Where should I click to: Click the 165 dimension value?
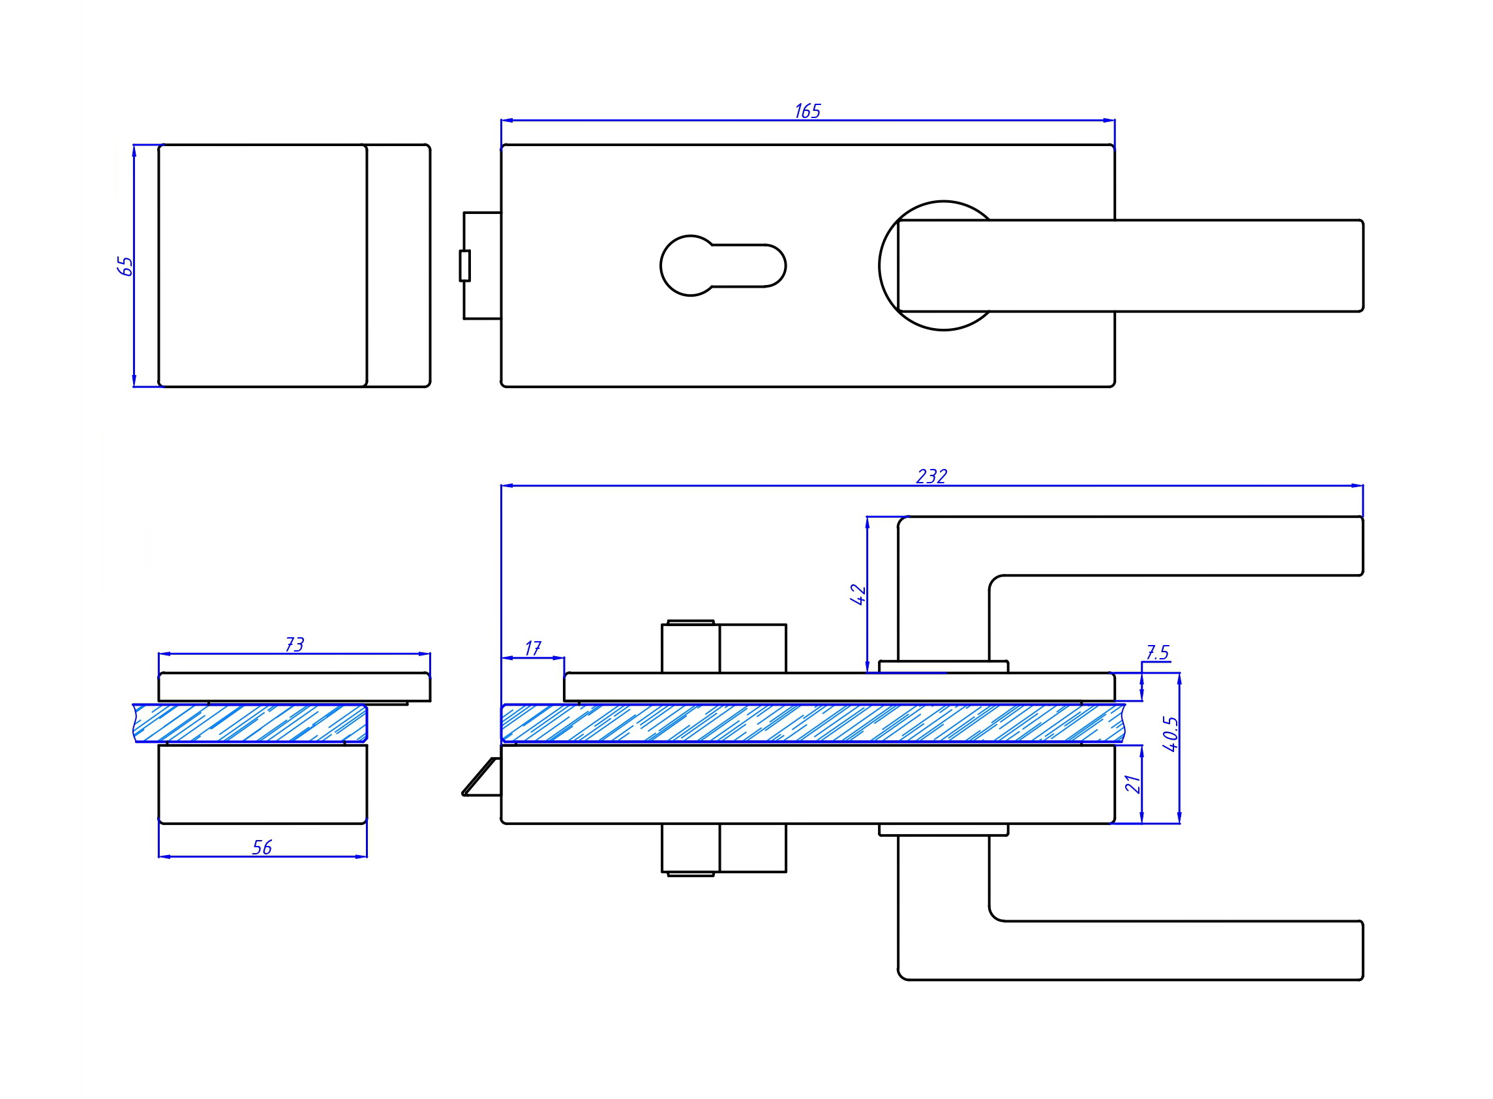click(x=807, y=110)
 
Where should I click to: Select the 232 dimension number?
click(x=931, y=476)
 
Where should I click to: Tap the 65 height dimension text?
click(x=125, y=266)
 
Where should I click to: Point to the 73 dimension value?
click(x=295, y=644)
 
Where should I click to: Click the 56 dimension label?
click(x=262, y=847)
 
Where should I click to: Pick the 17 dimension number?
click(x=533, y=648)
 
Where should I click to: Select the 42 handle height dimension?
click(x=858, y=594)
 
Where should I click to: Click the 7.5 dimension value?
click(x=1158, y=653)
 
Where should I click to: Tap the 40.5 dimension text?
click(x=1170, y=734)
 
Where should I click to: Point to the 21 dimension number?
click(x=1133, y=785)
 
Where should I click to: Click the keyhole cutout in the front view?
click(x=723, y=265)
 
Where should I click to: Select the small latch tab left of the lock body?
click(x=465, y=265)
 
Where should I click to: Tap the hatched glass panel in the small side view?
click(x=250, y=723)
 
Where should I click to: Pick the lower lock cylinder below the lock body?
click(x=724, y=851)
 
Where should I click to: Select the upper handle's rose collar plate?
click(x=943, y=667)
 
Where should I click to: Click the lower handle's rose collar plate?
click(x=943, y=830)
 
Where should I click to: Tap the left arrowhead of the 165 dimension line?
click(x=507, y=121)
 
